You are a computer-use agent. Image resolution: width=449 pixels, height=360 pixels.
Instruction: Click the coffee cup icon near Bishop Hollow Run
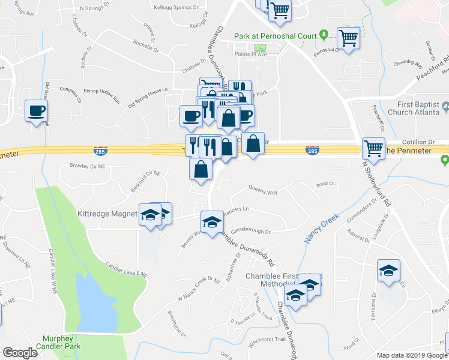tap(36, 111)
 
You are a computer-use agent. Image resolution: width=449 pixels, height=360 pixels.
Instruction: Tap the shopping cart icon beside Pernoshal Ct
tap(348, 38)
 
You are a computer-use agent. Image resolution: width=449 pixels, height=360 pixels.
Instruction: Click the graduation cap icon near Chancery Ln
tap(211, 222)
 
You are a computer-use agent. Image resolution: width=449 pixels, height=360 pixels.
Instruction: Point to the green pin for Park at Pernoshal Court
tap(324, 35)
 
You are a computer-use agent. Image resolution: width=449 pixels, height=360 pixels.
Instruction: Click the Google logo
tap(20, 352)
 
